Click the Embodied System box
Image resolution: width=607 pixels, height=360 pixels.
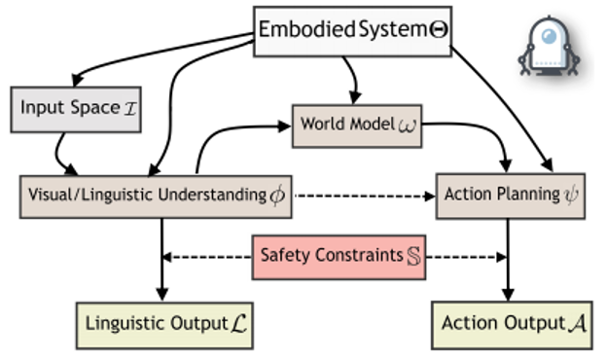[x=353, y=31]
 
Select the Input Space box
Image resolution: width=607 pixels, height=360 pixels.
[x=76, y=110]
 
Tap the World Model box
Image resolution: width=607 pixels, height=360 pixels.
[x=357, y=126]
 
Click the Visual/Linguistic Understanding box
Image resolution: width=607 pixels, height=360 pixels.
[x=156, y=197]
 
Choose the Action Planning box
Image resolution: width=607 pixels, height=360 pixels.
[x=511, y=197]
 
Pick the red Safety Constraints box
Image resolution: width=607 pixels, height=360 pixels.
[x=339, y=257]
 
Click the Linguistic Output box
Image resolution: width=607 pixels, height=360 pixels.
[x=164, y=326]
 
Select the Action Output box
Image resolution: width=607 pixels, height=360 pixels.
[x=512, y=325]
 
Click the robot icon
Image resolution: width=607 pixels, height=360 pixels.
[x=549, y=47]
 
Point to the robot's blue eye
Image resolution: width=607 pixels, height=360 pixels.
[x=549, y=36]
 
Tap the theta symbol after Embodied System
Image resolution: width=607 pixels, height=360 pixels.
[x=439, y=30]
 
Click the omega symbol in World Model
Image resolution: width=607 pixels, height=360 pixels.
[x=408, y=126]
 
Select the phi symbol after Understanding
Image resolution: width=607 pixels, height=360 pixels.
[x=277, y=196]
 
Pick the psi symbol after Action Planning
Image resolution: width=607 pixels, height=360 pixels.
[x=571, y=195]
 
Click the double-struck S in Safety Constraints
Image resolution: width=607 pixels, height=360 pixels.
[x=413, y=256]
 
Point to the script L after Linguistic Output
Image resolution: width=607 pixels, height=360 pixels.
[x=239, y=324]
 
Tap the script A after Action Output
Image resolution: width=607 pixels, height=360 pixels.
[x=577, y=323]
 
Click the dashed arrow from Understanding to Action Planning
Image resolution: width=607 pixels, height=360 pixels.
[x=365, y=196]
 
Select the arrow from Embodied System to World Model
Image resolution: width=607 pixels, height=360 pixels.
[x=353, y=79]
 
